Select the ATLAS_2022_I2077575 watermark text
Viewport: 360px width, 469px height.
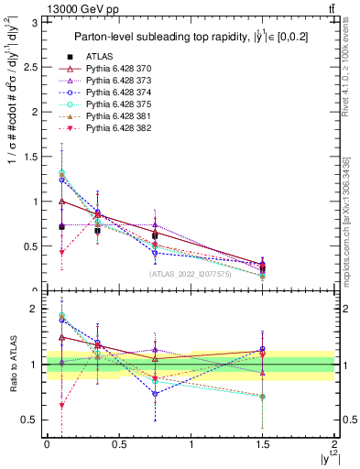pos(191,274)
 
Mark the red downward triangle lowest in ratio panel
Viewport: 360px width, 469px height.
pos(61,405)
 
